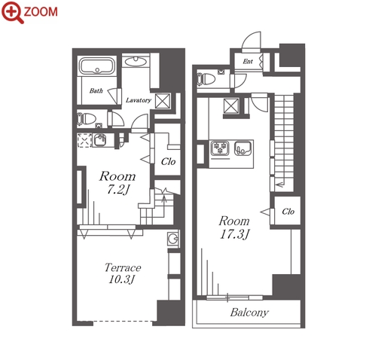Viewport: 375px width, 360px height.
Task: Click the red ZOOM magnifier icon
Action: coord(12,12)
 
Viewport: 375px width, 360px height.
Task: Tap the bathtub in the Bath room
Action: coord(97,66)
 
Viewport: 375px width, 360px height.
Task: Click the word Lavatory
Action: coord(139,100)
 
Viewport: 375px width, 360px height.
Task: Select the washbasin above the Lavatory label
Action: coord(136,62)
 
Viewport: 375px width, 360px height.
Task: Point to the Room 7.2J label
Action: coord(117,183)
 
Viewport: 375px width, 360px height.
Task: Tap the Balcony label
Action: coord(249,313)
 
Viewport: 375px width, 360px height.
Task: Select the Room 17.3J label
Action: coord(234,227)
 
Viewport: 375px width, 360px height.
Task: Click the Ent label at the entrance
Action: coord(248,61)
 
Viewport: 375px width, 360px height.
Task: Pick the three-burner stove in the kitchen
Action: coord(220,148)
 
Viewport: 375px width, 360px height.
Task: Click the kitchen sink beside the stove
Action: coord(242,148)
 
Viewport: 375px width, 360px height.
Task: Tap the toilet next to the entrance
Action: coord(206,79)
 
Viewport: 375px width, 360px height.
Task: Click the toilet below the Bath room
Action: coord(87,119)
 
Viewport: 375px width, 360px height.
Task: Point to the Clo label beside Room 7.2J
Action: coord(168,162)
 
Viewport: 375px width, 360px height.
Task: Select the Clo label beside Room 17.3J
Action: coord(288,212)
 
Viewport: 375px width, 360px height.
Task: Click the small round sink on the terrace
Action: coord(173,239)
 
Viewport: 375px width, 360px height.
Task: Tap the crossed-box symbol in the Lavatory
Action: coord(163,101)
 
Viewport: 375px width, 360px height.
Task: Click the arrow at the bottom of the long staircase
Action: coord(279,185)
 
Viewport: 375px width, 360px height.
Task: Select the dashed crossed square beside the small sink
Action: coord(84,140)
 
